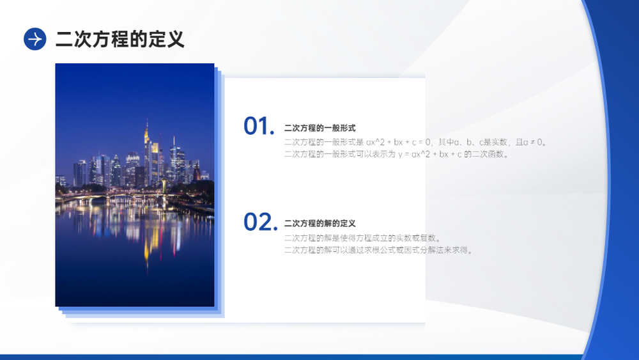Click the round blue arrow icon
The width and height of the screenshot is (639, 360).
tap(35, 39)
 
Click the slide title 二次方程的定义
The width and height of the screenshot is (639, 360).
tap(120, 39)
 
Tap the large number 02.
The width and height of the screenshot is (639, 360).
tap(261, 222)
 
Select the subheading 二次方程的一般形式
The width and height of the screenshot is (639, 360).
tap(320, 128)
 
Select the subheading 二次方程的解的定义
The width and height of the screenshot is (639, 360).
tap(320, 223)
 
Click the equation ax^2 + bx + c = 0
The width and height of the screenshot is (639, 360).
tap(398, 143)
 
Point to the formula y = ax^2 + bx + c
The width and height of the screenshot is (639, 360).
tap(430, 154)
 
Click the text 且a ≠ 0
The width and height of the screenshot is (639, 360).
tap(530, 143)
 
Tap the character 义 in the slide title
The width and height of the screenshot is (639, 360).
tap(174, 39)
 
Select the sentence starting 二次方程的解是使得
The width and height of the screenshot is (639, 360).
tap(362, 238)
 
